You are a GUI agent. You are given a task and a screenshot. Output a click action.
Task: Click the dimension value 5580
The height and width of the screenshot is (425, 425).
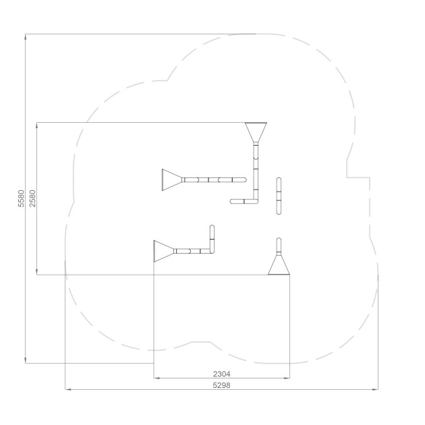pos(21,198)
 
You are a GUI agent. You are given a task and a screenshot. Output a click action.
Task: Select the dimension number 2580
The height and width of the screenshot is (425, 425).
pos(32,198)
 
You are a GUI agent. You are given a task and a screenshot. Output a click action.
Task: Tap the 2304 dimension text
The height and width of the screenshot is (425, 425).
pos(221,374)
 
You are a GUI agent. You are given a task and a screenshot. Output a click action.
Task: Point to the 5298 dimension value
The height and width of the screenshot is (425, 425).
pos(221,385)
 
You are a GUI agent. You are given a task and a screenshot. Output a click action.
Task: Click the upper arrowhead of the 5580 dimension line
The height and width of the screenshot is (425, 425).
pos(25,37)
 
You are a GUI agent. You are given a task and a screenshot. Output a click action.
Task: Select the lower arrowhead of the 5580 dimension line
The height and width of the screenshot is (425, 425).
pos(25,360)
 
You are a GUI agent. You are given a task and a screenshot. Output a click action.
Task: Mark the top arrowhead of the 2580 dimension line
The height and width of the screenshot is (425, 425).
pos(37,125)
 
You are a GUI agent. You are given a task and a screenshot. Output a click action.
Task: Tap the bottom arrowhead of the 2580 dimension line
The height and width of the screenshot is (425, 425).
pos(37,272)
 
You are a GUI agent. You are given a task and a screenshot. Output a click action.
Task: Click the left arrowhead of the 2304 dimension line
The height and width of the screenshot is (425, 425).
pos(157,378)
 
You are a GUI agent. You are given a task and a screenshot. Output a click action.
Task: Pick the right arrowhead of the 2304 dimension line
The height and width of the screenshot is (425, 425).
pos(287,378)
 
